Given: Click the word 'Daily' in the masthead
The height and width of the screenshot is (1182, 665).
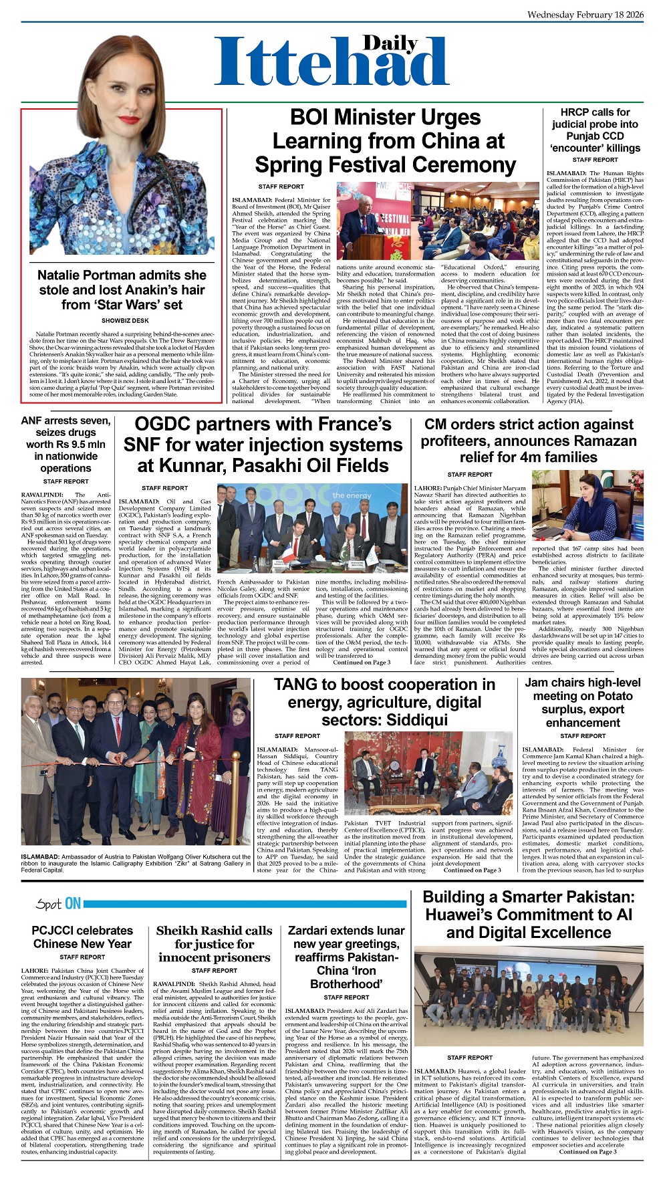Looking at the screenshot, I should tap(390, 43).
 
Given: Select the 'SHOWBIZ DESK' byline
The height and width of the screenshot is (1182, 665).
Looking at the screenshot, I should tap(121, 321).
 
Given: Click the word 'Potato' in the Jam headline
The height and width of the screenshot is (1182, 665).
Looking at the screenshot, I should tap(612, 696).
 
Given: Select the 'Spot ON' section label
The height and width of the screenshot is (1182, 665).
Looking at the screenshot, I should tap(58, 904).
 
